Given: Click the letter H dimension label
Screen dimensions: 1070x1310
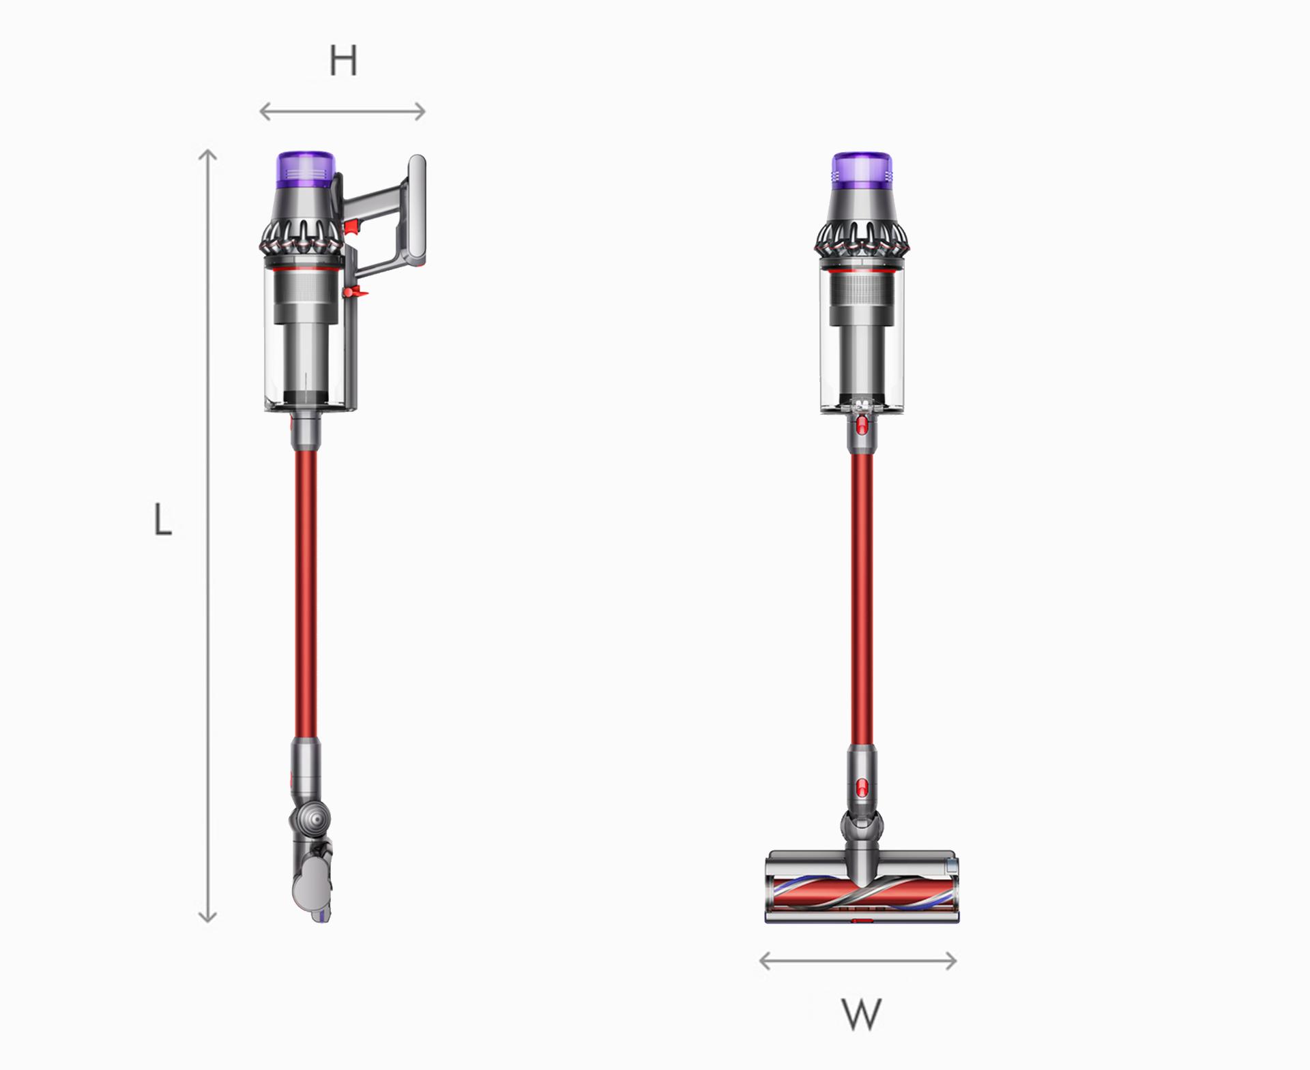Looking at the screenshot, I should click(x=343, y=61).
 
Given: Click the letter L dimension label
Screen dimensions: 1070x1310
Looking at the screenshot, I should click(x=162, y=520).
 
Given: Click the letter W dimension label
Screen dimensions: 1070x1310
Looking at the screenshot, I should click(x=861, y=1014).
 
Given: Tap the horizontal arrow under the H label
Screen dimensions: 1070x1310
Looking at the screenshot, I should click(x=343, y=111).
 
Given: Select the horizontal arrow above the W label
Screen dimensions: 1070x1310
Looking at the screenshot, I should click(x=858, y=962).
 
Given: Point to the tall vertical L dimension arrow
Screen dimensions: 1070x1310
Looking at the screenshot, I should click(x=207, y=535).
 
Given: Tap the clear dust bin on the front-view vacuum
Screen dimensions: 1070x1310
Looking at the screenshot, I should click(x=862, y=355).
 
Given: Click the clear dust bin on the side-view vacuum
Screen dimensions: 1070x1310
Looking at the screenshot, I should click(x=307, y=355).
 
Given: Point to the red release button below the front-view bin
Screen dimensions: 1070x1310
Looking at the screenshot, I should click(x=862, y=426).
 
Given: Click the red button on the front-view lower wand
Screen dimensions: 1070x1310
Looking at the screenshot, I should click(x=862, y=786).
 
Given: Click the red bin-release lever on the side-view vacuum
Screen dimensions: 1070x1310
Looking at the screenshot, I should click(x=355, y=293).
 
